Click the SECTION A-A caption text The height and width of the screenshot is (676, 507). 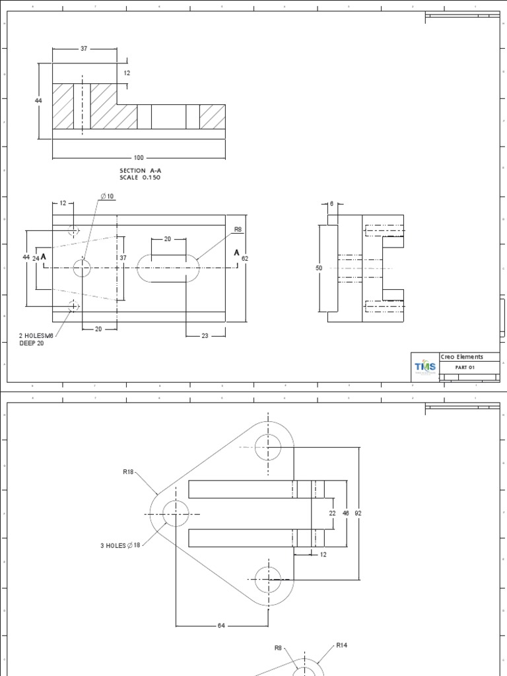139,170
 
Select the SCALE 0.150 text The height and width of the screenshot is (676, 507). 139,178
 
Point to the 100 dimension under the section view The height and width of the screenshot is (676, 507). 139,158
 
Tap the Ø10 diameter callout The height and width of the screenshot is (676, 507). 107,197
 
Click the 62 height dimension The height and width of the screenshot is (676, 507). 245,258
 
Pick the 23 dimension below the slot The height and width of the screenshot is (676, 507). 205,336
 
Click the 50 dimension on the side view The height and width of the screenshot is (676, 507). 319,269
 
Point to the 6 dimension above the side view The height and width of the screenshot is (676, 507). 332,204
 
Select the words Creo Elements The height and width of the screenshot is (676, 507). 461,356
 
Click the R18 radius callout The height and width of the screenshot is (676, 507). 128,472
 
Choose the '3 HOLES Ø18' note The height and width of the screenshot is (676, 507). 121,545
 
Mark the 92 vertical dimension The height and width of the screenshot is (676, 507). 358,512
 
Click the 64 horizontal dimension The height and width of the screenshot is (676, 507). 222,626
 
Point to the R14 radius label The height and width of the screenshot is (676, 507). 342,646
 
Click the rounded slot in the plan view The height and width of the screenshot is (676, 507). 169,269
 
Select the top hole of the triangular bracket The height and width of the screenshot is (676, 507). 268,447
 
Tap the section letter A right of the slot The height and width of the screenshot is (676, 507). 236,253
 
